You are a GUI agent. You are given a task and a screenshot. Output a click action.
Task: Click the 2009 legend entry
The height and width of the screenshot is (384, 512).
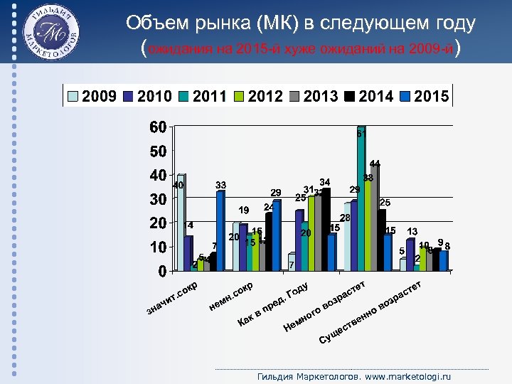[x=92, y=96]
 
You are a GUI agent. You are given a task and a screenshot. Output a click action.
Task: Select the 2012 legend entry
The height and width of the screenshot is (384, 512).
[x=257, y=96]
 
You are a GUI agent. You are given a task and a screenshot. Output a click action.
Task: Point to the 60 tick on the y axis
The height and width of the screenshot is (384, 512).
[x=158, y=127]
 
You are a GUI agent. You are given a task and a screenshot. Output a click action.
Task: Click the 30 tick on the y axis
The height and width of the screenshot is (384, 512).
[x=158, y=199]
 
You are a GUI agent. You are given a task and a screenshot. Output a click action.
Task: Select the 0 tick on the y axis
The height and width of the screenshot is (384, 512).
[x=162, y=271]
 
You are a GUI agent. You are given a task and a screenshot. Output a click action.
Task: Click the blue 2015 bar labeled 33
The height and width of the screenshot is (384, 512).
[x=220, y=230]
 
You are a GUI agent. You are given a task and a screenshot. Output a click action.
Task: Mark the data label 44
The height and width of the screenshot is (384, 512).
[x=375, y=164]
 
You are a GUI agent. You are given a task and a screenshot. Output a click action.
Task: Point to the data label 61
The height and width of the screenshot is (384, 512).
[x=361, y=134]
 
